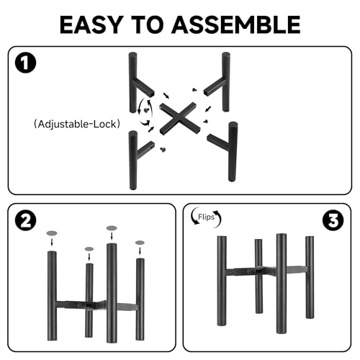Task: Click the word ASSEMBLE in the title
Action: click(x=235, y=24)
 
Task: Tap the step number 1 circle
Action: click(x=25, y=63)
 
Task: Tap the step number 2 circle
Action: click(x=25, y=220)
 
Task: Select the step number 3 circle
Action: click(x=333, y=220)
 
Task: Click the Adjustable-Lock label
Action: click(x=77, y=124)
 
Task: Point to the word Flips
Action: click(x=206, y=217)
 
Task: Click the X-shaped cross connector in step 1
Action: click(x=179, y=118)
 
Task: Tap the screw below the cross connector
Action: click(x=163, y=150)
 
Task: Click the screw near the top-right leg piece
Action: click(x=194, y=90)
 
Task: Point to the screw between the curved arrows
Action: click(x=146, y=110)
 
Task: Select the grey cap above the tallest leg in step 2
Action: click(x=112, y=228)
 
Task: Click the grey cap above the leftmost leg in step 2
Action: click(x=52, y=233)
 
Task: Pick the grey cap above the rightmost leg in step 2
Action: click(x=140, y=243)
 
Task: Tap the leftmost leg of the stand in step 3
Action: click(x=222, y=281)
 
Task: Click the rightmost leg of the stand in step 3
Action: click(x=310, y=277)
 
